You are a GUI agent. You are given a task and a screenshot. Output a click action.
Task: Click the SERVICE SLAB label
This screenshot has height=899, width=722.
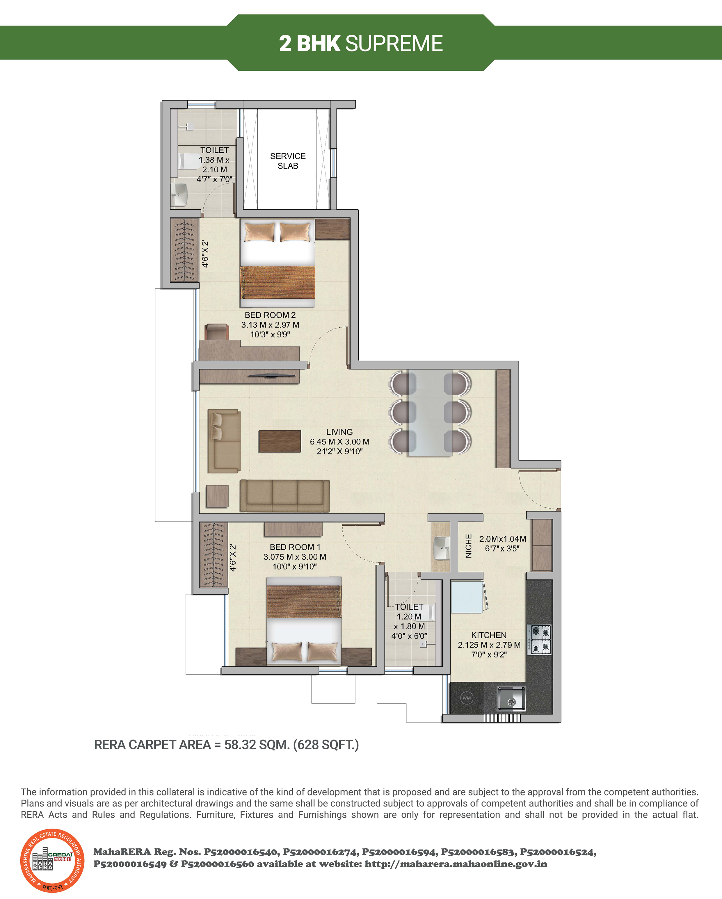[288, 161]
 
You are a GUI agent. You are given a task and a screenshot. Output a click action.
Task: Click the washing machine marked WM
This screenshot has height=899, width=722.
[467, 698]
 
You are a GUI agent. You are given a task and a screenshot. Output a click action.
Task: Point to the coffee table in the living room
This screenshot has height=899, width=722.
[280, 441]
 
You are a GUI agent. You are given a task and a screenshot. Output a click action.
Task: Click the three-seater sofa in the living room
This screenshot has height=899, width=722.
[285, 496]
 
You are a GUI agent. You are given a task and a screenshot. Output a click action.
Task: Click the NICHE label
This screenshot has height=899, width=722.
[468, 546]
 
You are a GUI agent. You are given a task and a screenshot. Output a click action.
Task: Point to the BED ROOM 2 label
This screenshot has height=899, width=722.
[270, 315]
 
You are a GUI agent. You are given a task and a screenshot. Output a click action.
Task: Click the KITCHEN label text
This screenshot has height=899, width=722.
[489, 635]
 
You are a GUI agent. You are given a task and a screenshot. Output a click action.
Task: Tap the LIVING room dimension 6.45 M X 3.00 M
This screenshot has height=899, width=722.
[339, 442]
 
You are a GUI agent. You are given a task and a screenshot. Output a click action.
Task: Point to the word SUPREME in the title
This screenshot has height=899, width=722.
[394, 43]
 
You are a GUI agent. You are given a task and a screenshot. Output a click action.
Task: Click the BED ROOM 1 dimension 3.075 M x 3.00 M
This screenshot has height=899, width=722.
[295, 557]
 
